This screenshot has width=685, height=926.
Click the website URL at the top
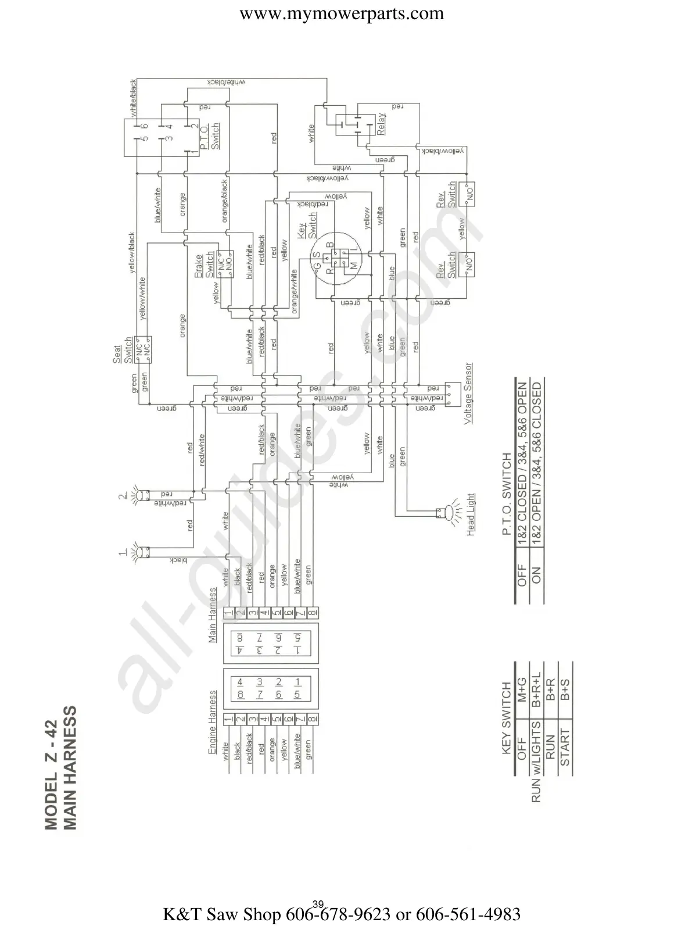[342, 13]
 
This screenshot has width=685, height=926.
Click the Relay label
[381, 124]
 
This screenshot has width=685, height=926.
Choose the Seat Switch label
[122, 354]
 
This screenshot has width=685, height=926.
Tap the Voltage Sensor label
[468, 394]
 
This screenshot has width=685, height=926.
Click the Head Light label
[471, 514]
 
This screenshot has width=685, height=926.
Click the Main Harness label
[213, 614]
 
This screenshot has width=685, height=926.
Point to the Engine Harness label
[213, 723]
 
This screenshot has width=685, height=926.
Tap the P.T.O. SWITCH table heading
[505, 494]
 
